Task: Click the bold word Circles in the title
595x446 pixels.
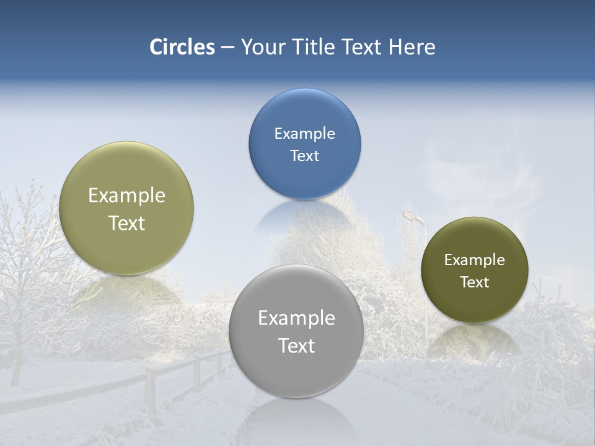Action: [182, 47]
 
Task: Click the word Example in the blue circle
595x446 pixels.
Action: [304, 134]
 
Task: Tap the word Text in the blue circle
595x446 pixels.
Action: [304, 155]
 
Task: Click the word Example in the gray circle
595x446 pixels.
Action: [296, 318]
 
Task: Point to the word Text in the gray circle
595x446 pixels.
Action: [296, 346]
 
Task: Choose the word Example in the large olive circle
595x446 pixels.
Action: [126, 195]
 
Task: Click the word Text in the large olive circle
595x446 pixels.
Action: [126, 223]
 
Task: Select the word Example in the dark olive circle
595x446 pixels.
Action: [474, 260]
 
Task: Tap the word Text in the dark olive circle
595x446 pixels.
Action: [474, 282]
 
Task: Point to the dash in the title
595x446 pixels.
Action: [227, 47]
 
